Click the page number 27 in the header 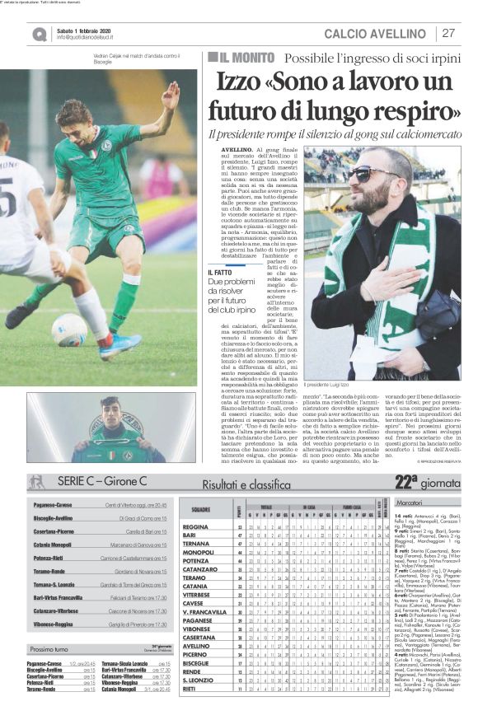[x=448, y=34]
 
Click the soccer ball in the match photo [x=69, y=330]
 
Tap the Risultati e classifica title [x=248, y=484]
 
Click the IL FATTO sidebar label [x=221, y=273]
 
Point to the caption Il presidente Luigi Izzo [x=337, y=384]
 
